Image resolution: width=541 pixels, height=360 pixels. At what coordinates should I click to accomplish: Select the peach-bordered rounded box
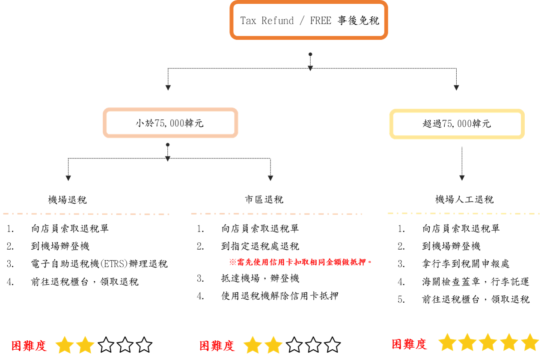pos(170,123)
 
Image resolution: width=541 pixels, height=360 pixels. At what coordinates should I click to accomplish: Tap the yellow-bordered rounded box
pos(457,124)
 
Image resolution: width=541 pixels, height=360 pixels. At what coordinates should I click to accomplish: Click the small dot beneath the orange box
pos(310,54)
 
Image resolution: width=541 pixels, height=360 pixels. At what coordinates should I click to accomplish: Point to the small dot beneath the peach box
pos(168,145)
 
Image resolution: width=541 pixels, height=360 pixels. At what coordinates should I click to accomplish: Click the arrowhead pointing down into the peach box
pos(168,88)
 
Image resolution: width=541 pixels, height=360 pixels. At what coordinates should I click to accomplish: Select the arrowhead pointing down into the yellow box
pos(456,88)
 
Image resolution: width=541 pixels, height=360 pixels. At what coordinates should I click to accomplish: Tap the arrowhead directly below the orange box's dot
pos(310,68)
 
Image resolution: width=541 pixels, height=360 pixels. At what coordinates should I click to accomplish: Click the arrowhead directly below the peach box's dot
pos(168,158)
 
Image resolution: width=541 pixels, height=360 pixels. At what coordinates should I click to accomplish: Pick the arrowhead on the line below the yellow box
pos(462,178)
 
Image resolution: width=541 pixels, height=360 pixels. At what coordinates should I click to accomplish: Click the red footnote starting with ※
pos(300,262)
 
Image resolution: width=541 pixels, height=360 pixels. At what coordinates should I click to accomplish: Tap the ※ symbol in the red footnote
pos(232,262)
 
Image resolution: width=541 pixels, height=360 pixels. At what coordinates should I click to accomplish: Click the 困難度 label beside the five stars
pos(409,344)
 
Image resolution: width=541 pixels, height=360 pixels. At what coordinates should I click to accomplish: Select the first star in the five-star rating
pos(447,342)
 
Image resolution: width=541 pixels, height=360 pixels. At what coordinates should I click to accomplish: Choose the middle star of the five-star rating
pos(488,342)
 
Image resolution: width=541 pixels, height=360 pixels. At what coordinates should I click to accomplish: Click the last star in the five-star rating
pos(530,342)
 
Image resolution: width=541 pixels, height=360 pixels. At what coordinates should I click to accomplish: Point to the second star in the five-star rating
pos(467,342)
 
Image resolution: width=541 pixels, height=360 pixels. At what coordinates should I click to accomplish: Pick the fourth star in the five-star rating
pos(509,342)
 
